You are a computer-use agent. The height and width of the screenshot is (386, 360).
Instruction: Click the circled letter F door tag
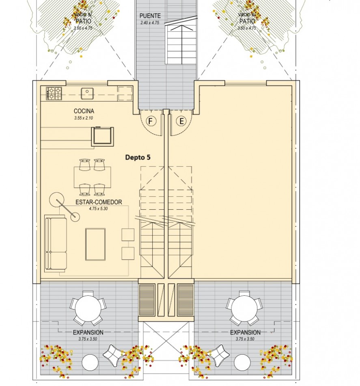[x=151, y=121]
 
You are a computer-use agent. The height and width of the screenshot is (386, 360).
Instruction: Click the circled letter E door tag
[x=181, y=121]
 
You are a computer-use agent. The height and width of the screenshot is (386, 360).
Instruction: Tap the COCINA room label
[x=84, y=111]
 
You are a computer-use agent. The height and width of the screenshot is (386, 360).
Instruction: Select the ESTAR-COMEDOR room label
[x=99, y=202]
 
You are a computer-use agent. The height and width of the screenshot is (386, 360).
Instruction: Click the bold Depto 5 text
[x=138, y=157]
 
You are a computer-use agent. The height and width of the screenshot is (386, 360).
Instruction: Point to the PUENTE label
[x=150, y=16]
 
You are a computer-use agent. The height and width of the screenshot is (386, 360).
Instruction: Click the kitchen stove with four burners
[x=54, y=93]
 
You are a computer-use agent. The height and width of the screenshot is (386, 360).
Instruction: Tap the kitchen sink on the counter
[x=86, y=93]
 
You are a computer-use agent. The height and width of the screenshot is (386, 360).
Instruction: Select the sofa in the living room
[x=56, y=243]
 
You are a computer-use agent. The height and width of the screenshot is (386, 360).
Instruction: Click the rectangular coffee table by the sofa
[x=95, y=244]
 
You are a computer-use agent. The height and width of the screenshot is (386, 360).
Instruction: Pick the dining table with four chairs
[x=92, y=177]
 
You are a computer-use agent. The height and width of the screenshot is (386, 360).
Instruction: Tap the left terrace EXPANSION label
[x=88, y=332]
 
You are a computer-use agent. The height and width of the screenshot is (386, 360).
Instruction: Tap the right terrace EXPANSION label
[x=245, y=332]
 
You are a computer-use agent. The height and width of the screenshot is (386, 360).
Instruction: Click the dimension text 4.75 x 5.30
[x=99, y=208]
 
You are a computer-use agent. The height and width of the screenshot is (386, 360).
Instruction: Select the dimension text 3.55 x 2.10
[x=84, y=118]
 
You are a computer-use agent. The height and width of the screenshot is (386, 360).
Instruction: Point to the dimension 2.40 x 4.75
[x=150, y=23]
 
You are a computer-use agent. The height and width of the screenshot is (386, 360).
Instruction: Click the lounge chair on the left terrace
[x=112, y=355]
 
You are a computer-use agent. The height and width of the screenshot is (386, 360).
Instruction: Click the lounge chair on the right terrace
[x=220, y=355]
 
